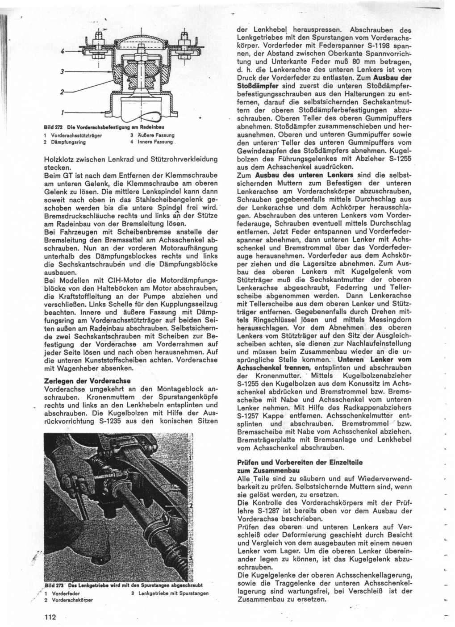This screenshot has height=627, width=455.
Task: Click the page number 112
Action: click(50, 617)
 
